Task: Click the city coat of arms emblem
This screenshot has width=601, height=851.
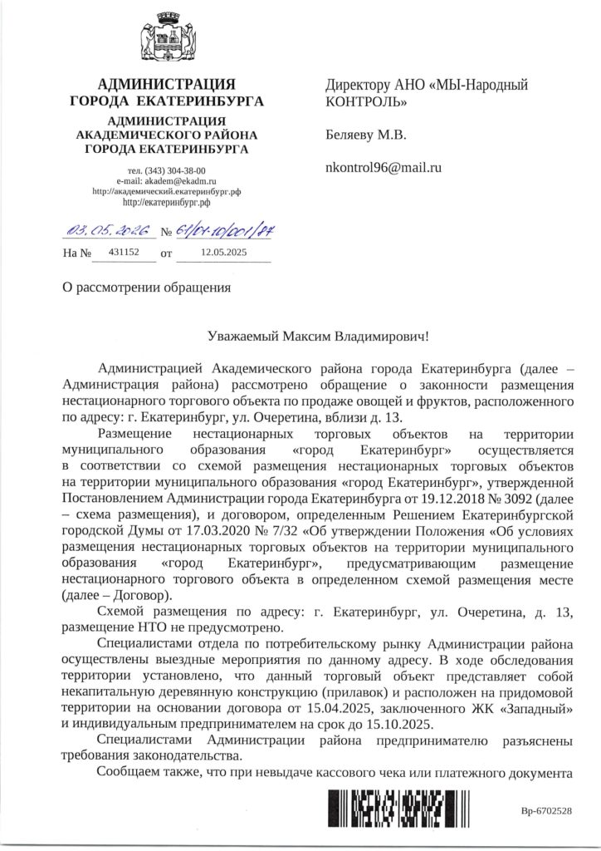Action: (167, 36)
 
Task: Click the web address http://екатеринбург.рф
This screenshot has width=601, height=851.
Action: (166, 201)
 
